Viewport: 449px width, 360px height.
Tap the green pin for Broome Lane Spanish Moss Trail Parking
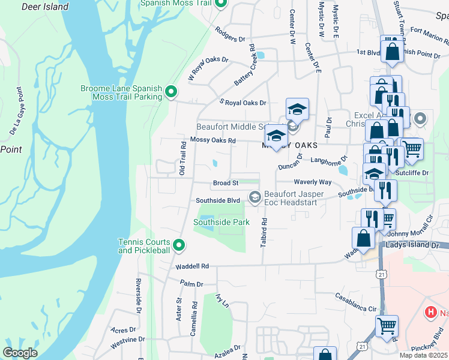coord(171,92)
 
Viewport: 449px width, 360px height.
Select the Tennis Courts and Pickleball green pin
coord(179,245)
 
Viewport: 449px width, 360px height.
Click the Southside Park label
coord(221,223)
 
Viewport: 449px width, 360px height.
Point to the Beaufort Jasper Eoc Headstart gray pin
coord(255,197)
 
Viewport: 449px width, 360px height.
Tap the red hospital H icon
coord(430,312)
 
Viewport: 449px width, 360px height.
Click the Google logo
coord(20,353)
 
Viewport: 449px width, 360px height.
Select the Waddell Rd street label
coord(192,266)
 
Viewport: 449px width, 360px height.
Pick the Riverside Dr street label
coord(138,296)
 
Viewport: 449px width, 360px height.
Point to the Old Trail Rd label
coord(182,158)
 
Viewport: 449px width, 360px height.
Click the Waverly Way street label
coord(312,182)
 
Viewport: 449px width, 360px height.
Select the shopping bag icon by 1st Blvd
coord(392,51)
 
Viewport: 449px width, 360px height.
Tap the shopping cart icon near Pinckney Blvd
coord(387,327)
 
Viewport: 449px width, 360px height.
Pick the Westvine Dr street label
coord(127,343)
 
